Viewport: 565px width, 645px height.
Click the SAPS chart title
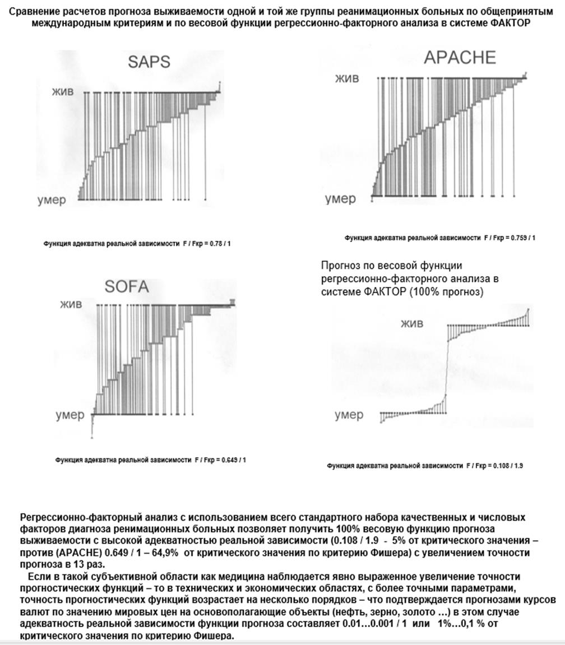coord(149,61)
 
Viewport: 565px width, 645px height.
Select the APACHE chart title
coord(460,57)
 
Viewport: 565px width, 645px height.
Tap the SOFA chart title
coord(127,286)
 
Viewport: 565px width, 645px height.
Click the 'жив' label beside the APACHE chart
coord(346,78)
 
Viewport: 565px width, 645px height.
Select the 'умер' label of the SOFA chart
coord(70,415)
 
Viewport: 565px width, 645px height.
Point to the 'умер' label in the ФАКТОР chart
coord(349,415)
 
